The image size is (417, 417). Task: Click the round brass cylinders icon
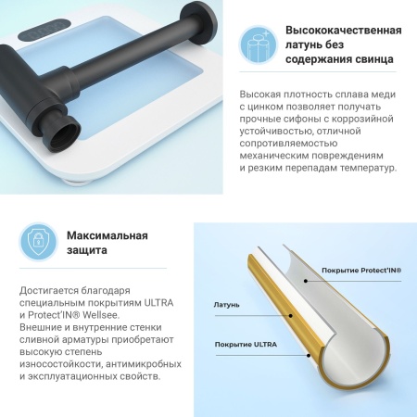pyautogui.click(x=259, y=45)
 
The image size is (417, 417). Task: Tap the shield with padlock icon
pyautogui.click(x=38, y=242)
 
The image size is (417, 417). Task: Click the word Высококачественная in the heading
pyautogui.click(x=344, y=31)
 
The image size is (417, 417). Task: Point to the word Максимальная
pyautogui.click(x=107, y=235)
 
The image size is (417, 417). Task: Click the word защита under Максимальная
pyautogui.click(x=87, y=250)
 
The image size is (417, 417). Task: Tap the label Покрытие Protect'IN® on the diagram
pyautogui.click(x=361, y=271)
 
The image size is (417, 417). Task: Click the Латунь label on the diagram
pyautogui.click(x=226, y=305)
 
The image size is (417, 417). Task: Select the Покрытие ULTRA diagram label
pyautogui.click(x=246, y=345)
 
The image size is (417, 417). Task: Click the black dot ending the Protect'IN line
pyautogui.click(x=306, y=281)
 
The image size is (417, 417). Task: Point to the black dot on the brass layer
pyautogui.click(x=291, y=316)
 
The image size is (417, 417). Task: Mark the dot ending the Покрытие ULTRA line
pyautogui.click(x=309, y=356)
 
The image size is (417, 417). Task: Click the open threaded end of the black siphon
pyautogui.click(x=65, y=133)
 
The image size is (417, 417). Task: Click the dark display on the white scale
pyautogui.click(x=44, y=30)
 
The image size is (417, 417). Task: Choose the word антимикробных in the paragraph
pyautogui.click(x=144, y=364)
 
